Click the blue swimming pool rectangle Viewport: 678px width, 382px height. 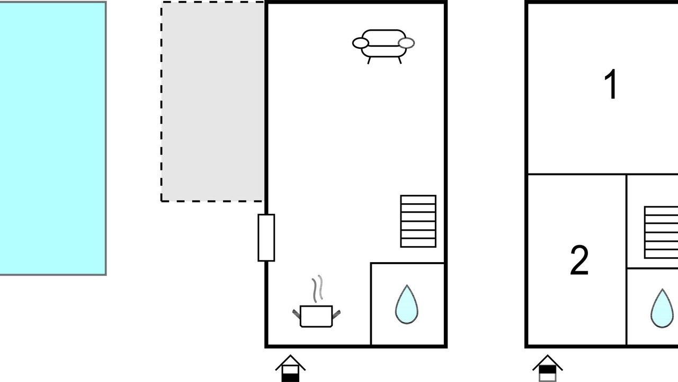click(52, 138)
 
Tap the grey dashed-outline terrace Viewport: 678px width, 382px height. click(212, 101)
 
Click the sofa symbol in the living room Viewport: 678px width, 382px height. click(383, 46)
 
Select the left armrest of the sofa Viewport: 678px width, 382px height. click(361, 43)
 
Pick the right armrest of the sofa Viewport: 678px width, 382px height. click(406, 43)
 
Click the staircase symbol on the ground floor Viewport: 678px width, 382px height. click(418, 221)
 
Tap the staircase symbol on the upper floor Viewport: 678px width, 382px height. click(662, 232)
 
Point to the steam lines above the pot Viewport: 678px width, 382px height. click(317, 289)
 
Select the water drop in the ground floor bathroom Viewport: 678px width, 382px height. click(407, 305)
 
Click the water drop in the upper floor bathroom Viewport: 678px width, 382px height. click(662, 308)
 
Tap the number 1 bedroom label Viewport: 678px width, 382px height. click(611, 84)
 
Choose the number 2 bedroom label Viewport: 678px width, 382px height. click(579, 260)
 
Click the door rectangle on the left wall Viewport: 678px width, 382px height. click(266, 238)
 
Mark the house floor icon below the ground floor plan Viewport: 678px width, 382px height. click(290, 368)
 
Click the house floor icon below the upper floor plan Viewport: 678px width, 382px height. click(548, 368)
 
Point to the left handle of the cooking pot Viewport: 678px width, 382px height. click(296, 314)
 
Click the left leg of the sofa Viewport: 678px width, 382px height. click(369, 60)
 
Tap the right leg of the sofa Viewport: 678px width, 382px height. click(400, 60)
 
